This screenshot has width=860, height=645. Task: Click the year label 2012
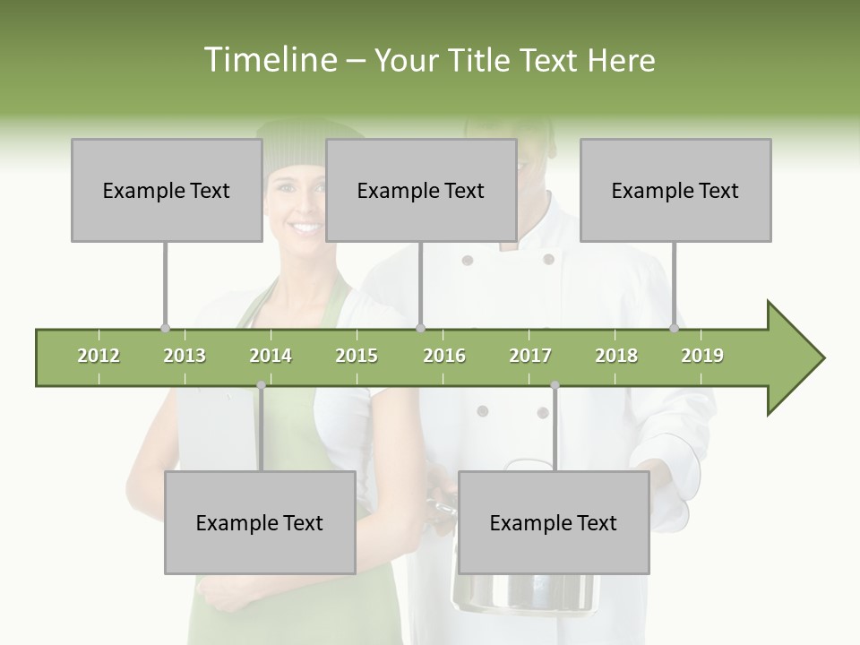[x=99, y=356]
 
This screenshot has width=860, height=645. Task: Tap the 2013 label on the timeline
[x=185, y=356]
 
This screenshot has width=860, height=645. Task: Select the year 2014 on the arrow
[x=271, y=356]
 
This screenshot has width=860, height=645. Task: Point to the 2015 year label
[x=357, y=356]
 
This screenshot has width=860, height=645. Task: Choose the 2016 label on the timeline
[x=444, y=356]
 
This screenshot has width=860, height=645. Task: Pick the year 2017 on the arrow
[x=530, y=356]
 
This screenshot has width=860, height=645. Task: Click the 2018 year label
[x=616, y=356]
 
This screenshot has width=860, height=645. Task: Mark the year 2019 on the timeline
[x=702, y=356]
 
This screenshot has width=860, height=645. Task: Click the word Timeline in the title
[x=268, y=60]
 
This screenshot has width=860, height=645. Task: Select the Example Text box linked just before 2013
[x=167, y=190]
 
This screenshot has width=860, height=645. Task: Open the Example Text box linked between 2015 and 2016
[x=421, y=190]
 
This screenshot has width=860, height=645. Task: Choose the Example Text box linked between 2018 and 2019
[x=675, y=190]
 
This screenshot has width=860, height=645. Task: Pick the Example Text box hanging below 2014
[x=260, y=522]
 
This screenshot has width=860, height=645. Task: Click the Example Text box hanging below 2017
[x=554, y=522]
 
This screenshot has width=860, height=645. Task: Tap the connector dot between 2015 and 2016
[x=421, y=328]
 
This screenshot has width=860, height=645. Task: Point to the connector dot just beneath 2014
[x=261, y=385]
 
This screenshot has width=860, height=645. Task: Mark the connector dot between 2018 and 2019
[x=675, y=328]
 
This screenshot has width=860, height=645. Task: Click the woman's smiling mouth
[x=305, y=228]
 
